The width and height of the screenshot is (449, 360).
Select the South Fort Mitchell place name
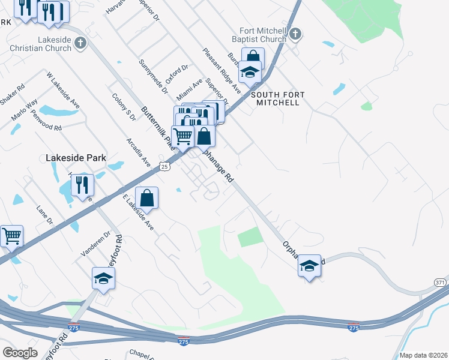click(x=278, y=98)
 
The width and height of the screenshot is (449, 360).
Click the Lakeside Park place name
click(x=76, y=158)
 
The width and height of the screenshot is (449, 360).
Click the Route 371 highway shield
click(x=440, y=282)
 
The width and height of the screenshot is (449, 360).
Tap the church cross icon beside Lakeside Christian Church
click(x=81, y=43)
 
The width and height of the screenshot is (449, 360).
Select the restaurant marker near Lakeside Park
click(x=83, y=185)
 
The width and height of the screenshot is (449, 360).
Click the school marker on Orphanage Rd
click(x=309, y=266)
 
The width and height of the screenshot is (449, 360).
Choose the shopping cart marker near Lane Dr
click(x=11, y=236)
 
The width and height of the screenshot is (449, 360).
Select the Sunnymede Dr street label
click(x=153, y=77)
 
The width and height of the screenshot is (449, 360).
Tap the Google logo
click(x=21, y=353)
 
